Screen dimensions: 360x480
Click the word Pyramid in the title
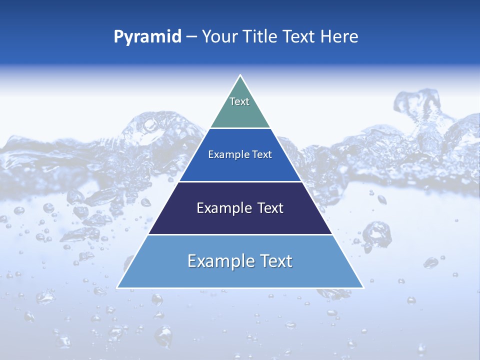[147, 37]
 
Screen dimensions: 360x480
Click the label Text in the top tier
[239, 101]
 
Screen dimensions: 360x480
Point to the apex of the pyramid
[240, 76]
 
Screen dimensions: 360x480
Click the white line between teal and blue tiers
[240, 128]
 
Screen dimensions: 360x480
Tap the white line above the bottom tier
[240, 234]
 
